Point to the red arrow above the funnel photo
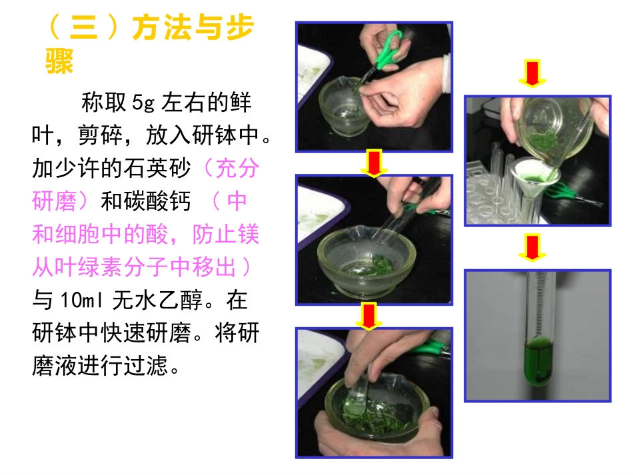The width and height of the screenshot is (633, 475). (531, 73)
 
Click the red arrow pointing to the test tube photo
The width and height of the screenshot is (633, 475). (531, 248)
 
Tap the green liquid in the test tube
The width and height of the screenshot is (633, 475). (538, 360)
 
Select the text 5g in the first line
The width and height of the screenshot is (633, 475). (143, 103)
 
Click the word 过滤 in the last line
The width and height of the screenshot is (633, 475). (157, 366)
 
